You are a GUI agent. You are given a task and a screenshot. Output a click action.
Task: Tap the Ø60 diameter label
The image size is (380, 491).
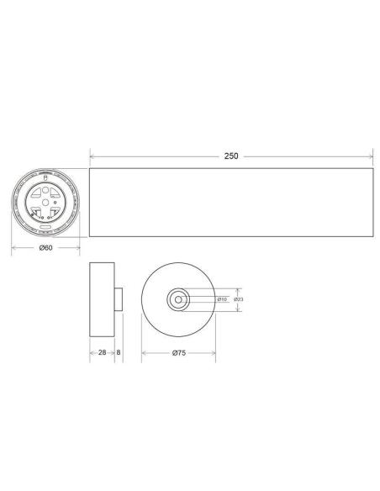coord(46,248)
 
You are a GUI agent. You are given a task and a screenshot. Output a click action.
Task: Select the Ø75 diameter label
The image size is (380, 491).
coord(178,354)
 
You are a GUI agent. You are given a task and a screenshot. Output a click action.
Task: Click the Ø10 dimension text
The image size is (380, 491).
coord(222,299)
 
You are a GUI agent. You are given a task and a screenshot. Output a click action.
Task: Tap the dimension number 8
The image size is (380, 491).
coord(119,354)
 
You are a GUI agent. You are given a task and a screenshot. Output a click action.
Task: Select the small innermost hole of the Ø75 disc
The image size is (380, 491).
coord(177,299)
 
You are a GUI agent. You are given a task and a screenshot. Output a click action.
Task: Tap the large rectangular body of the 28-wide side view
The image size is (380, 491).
coord(101,300)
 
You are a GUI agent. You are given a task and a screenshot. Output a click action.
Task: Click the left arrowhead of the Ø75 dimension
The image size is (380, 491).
coord(144,354)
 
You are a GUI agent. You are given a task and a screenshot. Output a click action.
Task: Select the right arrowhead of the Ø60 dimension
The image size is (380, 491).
coord(78,248)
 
